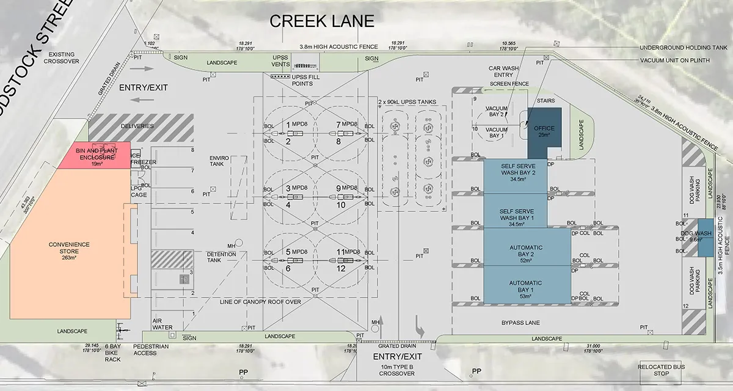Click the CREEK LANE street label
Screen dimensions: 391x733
pyautogui.click(x=322, y=21)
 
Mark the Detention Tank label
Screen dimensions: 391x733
pyautogui.click(x=222, y=257)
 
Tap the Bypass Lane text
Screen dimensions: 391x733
pyautogui.click(x=521, y=322)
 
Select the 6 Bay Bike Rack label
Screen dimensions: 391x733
pyautogui.click(x=112, y=353)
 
